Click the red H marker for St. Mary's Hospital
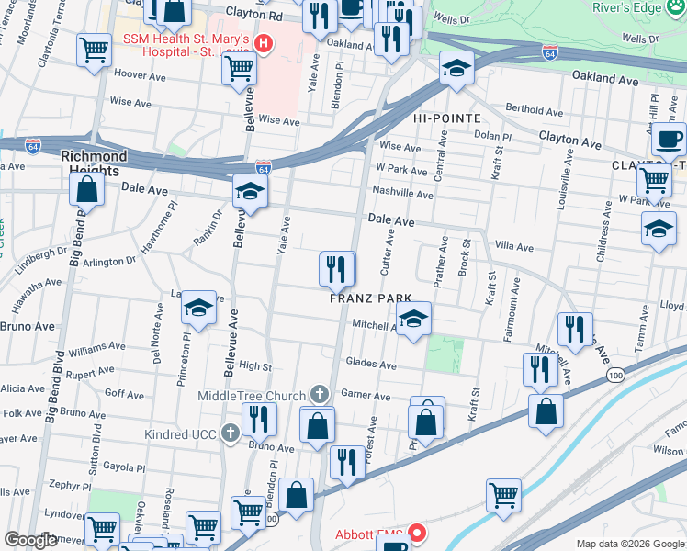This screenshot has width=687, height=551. click(x=265, y=42)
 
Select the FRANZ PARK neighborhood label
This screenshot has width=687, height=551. click(x=367, y=298)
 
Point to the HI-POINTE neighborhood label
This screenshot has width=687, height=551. click(x=447, y=119)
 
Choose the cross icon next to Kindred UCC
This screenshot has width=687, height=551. click(x=229, y=432)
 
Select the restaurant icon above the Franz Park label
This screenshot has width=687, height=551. click(x=337, y=269)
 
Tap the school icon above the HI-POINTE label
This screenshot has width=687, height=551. click(x=456, y=68)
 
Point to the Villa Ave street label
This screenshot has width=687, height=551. click(x=513, y=247)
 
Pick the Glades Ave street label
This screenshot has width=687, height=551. click(x=370, y=365)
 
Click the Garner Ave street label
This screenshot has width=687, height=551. click(x=366, y=397)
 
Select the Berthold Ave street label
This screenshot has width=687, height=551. click(x=532, y=107)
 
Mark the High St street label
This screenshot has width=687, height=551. click(x=255, y=365)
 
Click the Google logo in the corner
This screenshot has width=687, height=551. click(x=30, y=540)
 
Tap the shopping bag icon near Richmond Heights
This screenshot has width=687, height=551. click(x=86, y=189)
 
